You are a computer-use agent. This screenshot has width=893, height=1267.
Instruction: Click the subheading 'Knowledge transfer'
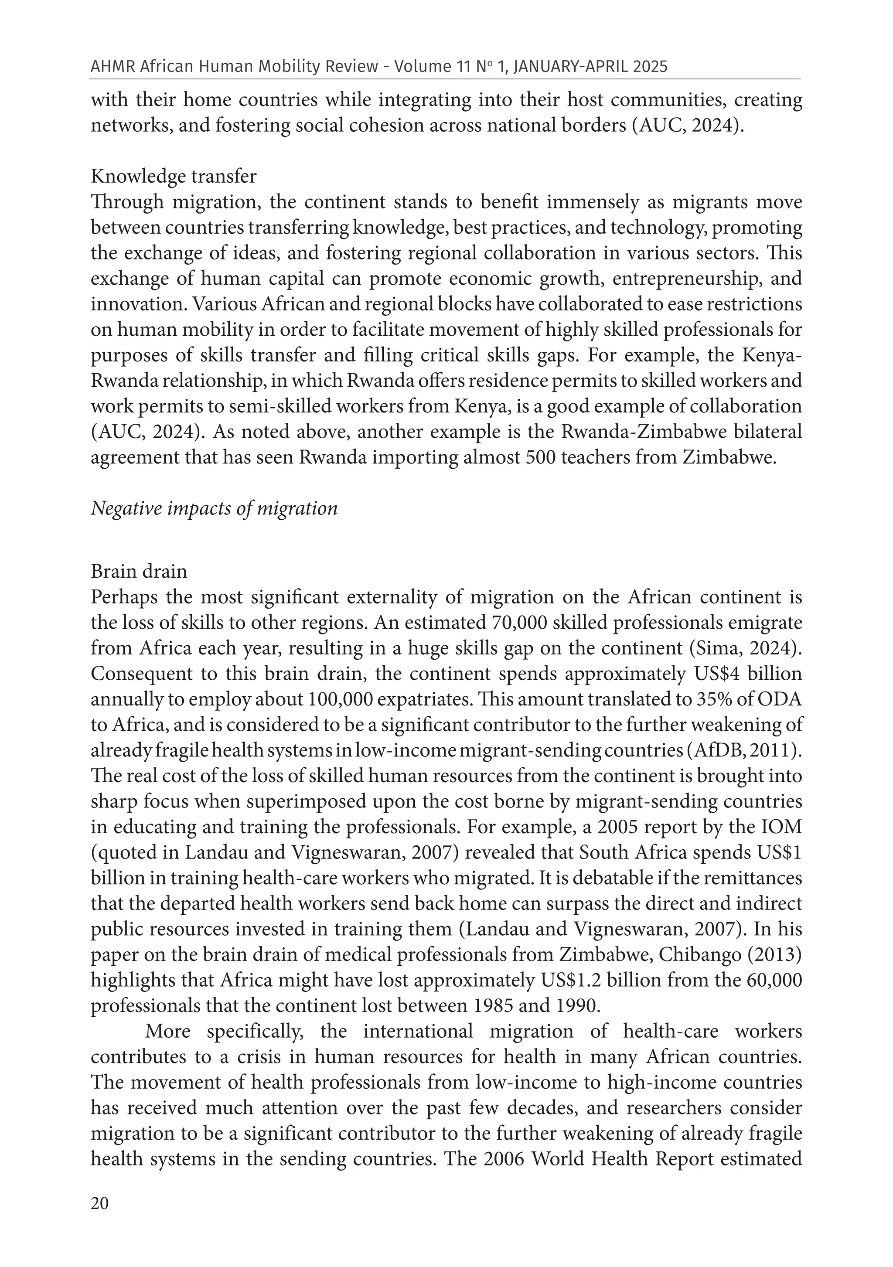pos(173,177)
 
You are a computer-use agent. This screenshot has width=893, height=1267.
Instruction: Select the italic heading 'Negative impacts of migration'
pos(214,507)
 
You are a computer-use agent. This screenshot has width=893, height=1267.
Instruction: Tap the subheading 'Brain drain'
pos(139,571)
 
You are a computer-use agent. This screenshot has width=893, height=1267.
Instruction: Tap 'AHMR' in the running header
pos(112,67)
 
